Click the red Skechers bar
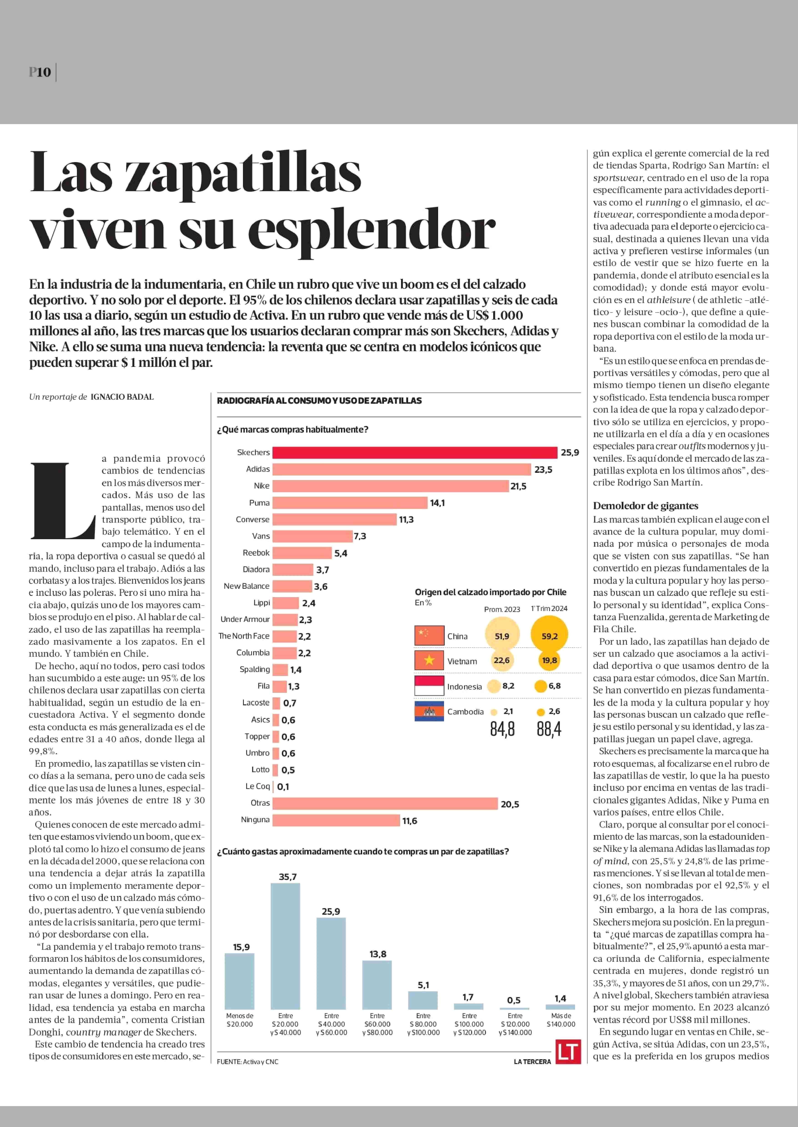coord(415,452)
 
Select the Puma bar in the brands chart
coord(350,502)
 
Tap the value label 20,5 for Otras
coord(510,804)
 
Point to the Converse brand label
coord(253,519)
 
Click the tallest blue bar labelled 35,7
coord(285,946)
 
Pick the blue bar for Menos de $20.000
coord(239,981)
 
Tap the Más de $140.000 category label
coord(561,1020)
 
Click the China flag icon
coord(429,635)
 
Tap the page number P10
coord(40,72)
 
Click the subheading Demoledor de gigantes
coord(645,506)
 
